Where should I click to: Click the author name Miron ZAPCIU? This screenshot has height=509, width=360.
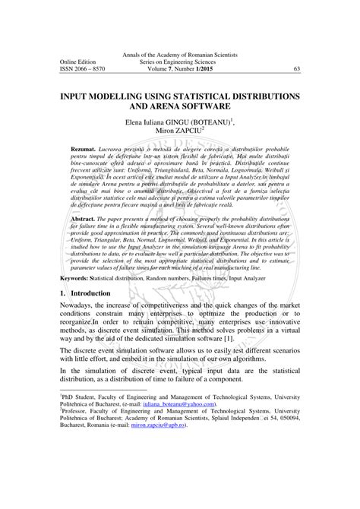point(178,130)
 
